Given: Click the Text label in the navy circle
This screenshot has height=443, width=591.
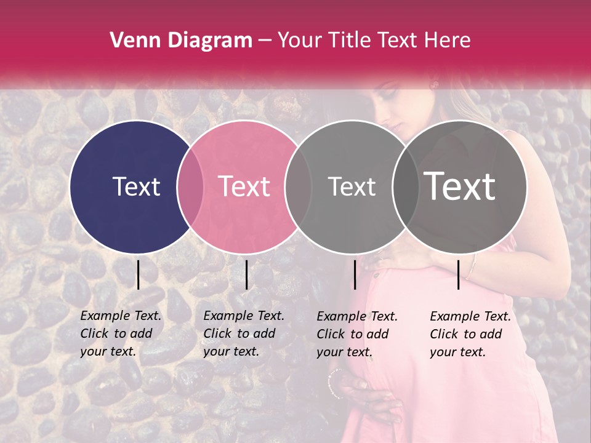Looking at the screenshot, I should click(136, 186).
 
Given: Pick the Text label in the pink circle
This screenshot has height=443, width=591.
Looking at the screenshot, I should click(244, 186).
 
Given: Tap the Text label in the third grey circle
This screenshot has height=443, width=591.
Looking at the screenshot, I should click(352, 186).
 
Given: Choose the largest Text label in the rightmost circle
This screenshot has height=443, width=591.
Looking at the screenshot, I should click(460, 186).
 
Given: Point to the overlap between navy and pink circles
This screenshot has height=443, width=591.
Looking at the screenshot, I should click(190, 186).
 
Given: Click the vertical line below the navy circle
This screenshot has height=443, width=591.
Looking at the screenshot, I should click(138, 274).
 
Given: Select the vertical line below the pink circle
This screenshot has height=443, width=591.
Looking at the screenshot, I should click(246, 274).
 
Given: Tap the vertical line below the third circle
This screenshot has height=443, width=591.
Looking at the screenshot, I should click(355, 274).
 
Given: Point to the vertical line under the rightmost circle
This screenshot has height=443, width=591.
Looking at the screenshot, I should click(458, 274).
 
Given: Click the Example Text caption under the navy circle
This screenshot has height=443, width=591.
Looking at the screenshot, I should click(121, 333).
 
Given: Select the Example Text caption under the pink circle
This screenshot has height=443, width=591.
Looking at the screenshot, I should click(244, 333).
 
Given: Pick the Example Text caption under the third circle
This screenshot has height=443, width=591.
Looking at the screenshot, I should click(357, 334).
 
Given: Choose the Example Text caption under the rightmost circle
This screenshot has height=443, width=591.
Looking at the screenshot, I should click(470, 334).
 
